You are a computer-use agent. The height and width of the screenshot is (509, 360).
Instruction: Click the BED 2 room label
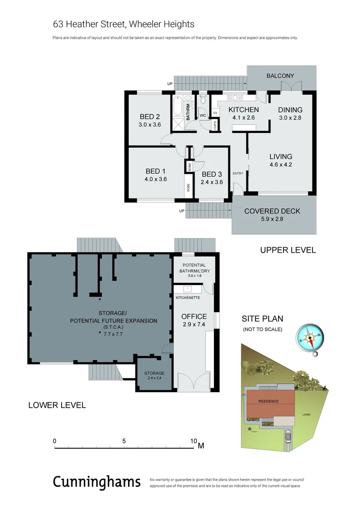[150, 117]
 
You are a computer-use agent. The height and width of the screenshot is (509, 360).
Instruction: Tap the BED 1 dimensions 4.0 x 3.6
[156, 179]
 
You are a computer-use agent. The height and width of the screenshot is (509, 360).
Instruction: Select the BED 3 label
[212, 174]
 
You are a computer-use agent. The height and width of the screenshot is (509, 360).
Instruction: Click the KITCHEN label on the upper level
[244, 110]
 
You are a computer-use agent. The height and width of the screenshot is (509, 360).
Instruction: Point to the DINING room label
[290, 110]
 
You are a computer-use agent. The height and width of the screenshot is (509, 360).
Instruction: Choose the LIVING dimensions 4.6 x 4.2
[281, 164]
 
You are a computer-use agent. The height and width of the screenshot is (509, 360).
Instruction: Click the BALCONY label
[280, 76]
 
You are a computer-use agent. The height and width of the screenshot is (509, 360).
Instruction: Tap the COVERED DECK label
[272, 211]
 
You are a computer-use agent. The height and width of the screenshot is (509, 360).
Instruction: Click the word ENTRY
[238, 173]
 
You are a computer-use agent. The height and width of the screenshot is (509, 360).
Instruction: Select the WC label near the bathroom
[203, 115]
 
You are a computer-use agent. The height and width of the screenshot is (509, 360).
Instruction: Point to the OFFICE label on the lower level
[194, 316]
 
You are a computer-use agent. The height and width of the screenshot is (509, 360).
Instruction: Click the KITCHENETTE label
[188, 298]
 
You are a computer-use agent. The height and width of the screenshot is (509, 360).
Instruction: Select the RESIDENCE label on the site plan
[268, 401]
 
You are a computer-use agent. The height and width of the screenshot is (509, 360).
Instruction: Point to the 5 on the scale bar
[124, 441]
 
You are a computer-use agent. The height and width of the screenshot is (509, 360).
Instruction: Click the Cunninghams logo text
[97, 482]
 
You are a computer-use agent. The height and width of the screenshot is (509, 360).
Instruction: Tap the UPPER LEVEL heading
[288, 250]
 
